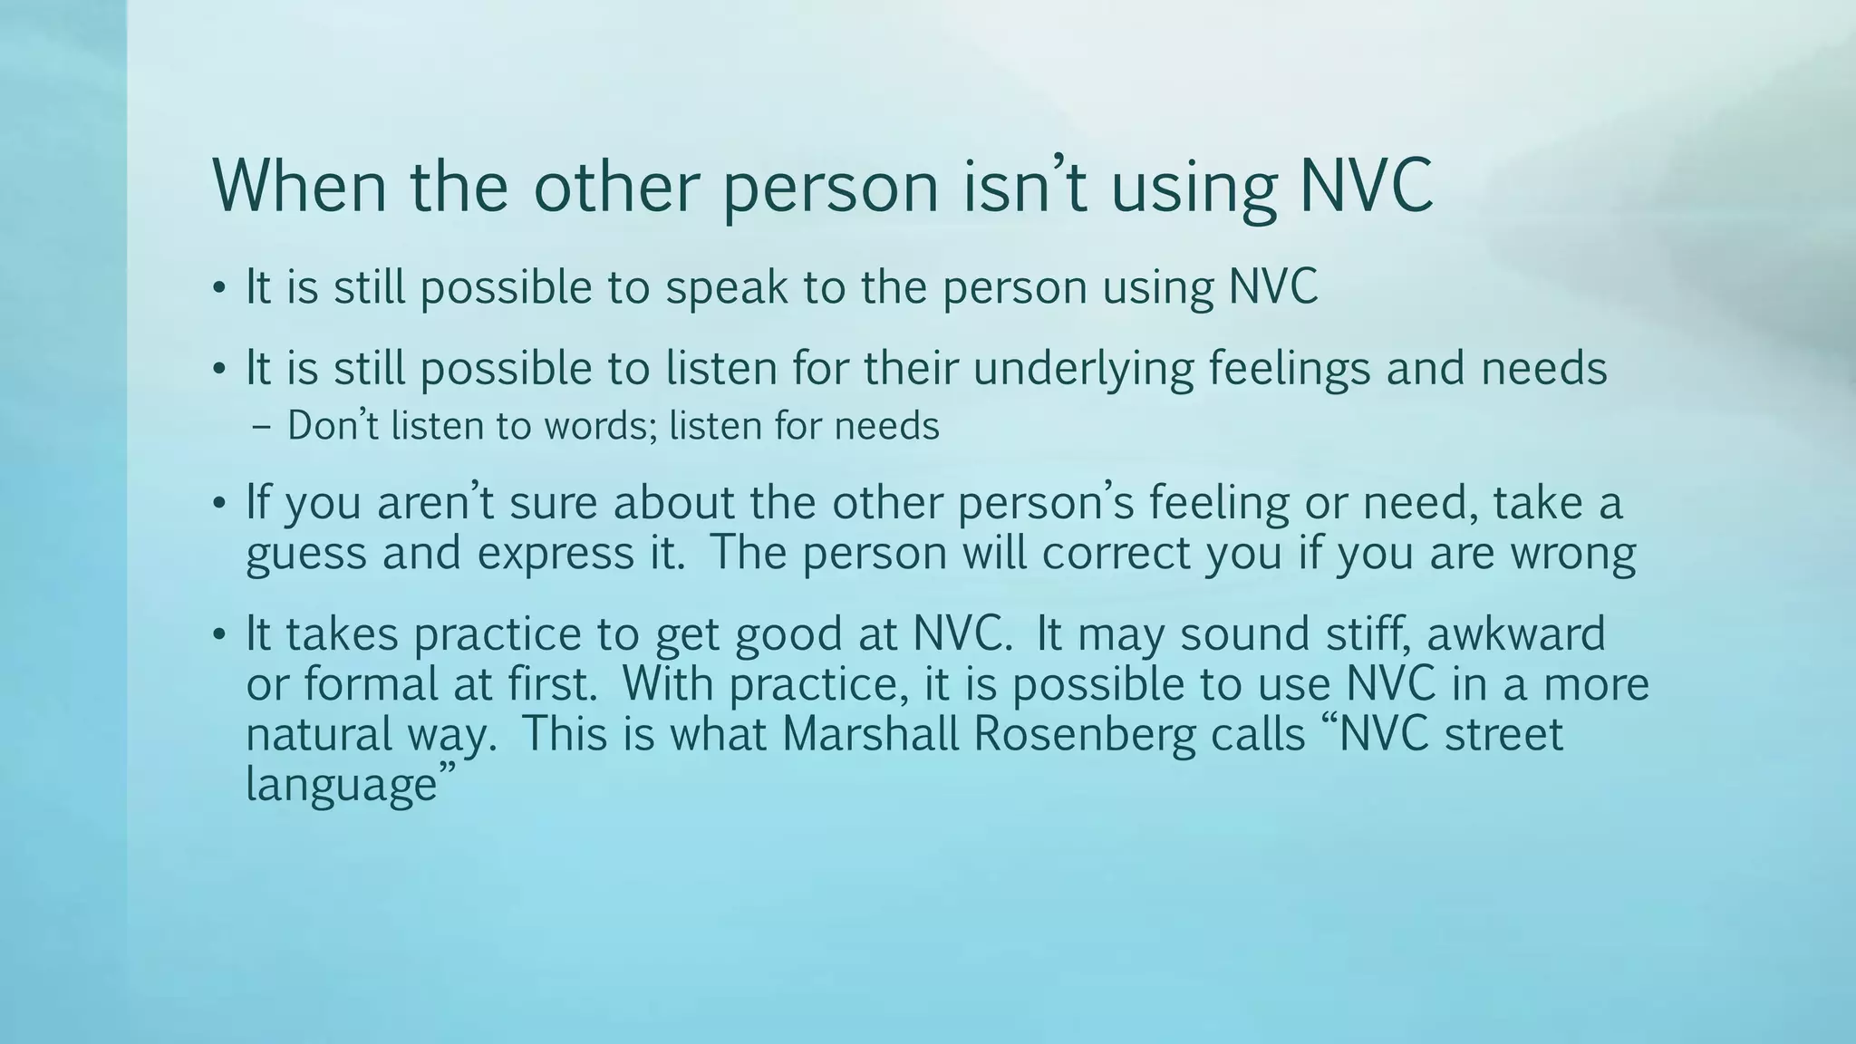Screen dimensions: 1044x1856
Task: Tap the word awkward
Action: [1515, 633]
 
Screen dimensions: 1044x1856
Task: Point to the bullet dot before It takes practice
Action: [218, 635]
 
